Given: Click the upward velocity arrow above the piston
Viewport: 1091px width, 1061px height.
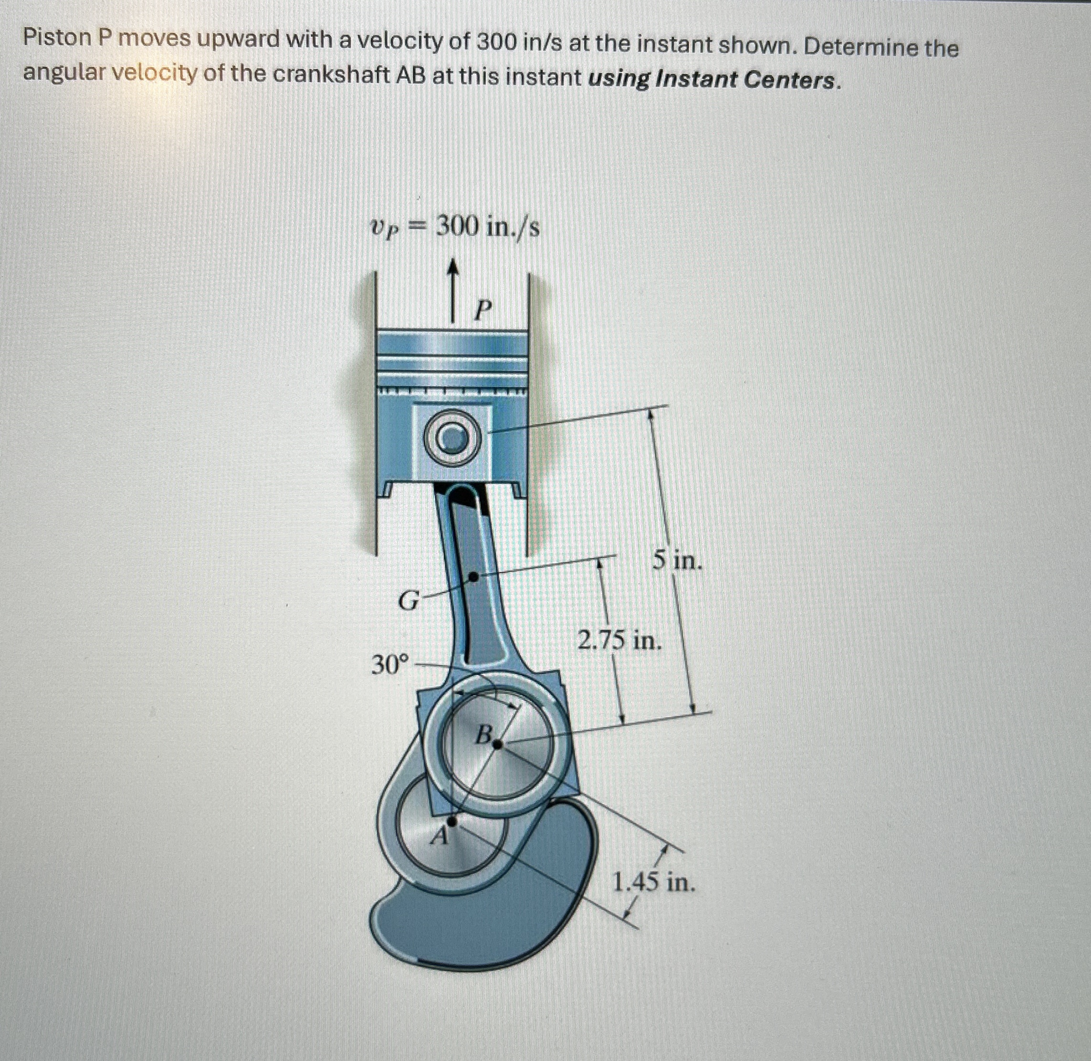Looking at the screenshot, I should coord(454,290).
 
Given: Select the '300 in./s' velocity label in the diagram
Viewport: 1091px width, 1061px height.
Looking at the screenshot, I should coord(486,227).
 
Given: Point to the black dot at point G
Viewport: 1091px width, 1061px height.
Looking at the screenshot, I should coord(472,578).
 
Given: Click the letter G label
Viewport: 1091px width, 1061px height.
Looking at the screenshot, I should coord(409,601).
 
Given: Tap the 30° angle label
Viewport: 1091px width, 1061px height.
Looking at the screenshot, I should coord(389,665).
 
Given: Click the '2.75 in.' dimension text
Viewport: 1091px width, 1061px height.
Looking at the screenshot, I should coord(619,641).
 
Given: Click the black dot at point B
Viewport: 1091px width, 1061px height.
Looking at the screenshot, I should coord(498,744).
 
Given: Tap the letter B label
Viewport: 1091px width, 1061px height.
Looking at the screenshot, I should coord(483,735).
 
